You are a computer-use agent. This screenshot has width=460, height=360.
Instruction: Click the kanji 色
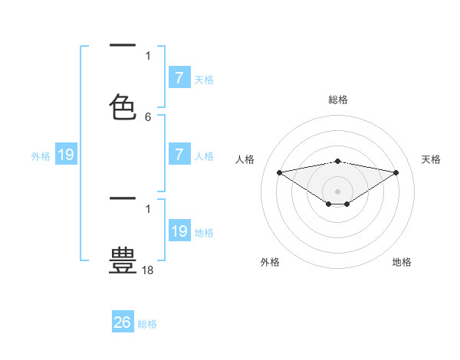tap(123, 106)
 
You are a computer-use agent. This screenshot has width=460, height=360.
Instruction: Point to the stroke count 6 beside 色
tap(148, 117)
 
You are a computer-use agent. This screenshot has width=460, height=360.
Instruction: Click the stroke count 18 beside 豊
tap(148, 270)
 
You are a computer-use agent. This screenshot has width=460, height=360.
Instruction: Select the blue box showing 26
tap(123, 322)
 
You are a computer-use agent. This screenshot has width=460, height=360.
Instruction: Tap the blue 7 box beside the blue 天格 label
tap(179, 78)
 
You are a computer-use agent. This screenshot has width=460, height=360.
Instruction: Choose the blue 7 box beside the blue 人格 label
tap(179, 155)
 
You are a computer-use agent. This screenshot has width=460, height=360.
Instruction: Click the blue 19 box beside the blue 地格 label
tap(179, 231)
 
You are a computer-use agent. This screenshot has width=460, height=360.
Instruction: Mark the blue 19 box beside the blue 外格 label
tap(66, 155)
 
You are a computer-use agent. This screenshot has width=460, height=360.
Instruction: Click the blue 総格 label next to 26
tap(147, 324)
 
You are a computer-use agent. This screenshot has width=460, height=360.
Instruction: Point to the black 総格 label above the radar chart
tap(338, 100)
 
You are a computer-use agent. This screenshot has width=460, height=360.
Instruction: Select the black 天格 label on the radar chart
tap(431, 159)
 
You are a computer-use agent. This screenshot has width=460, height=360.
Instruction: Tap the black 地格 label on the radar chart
tap(402, 262)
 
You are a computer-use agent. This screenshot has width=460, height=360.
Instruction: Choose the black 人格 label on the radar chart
tap(245, 159)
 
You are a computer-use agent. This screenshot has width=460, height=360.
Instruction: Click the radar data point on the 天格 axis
tap(396, 172)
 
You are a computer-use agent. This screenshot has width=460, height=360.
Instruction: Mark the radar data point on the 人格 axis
tap(279, 172)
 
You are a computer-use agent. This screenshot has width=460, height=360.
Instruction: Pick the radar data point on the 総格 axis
tap(338, 161)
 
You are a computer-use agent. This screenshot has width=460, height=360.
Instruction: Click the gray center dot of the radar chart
tap(338, 191)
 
